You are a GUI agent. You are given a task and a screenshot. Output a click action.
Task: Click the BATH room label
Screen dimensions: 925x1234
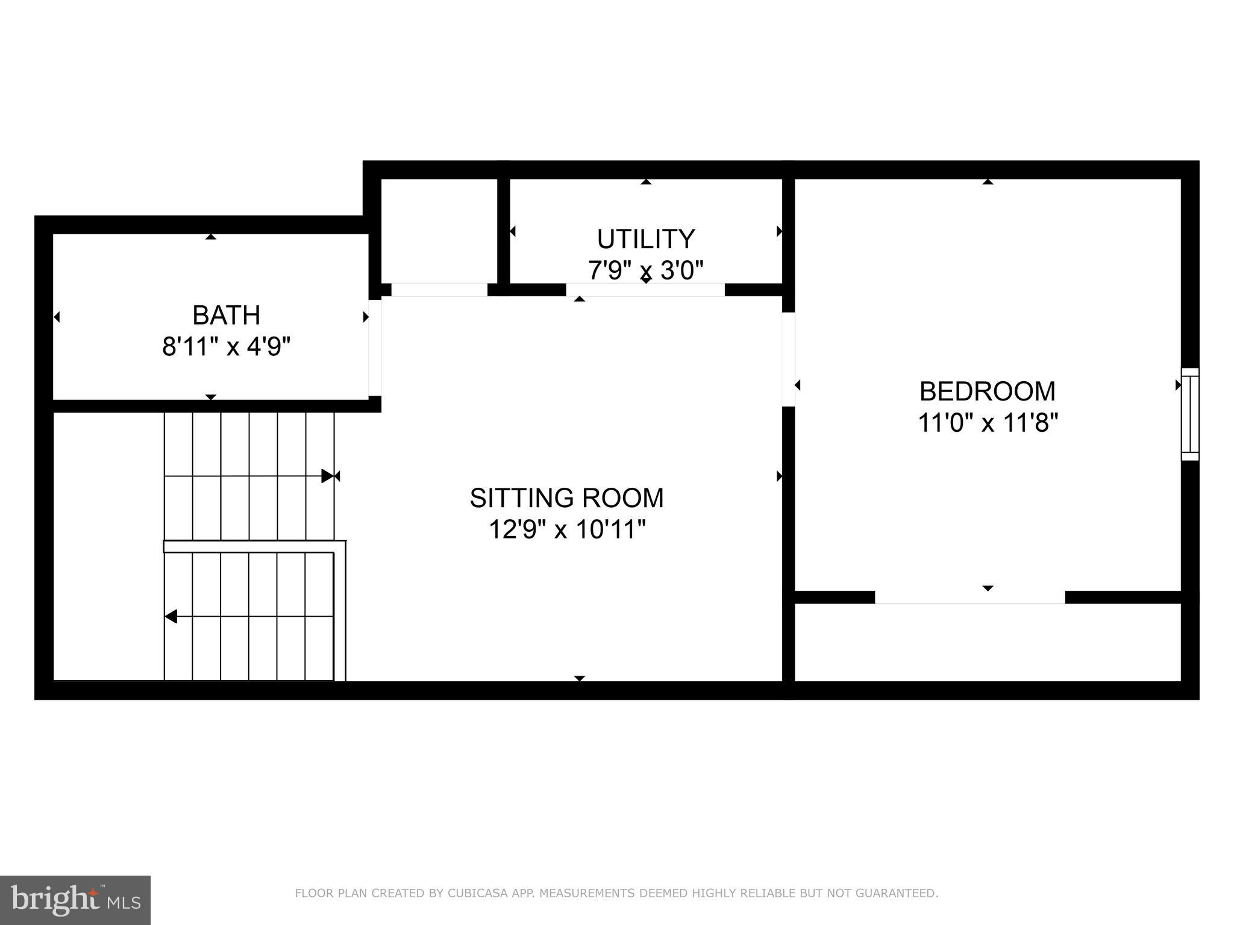(226, 316)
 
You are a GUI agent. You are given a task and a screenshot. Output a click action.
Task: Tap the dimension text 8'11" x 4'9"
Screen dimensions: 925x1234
(226, 347)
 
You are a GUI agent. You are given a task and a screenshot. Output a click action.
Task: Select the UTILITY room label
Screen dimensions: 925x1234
(646, 239)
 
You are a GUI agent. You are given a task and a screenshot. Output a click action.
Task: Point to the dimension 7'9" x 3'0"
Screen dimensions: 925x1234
(646, 270)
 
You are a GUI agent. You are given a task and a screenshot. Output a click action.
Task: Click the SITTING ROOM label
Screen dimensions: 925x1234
(566, 498)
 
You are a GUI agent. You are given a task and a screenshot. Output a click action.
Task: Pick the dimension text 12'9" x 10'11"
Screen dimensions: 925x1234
(566, 530)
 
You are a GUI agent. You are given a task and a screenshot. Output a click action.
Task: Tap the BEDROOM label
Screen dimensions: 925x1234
(987, 391)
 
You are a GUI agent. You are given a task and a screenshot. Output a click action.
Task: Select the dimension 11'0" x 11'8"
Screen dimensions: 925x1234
(987, 423)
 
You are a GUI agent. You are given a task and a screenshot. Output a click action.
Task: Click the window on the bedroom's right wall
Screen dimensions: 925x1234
(1189, 414)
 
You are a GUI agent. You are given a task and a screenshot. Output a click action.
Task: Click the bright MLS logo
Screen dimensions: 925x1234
(75, 900)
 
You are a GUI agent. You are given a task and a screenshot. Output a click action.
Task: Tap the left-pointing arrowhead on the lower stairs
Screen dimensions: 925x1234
(171, 617)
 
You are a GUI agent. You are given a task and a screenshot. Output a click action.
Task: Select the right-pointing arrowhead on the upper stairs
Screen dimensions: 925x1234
(327, 476)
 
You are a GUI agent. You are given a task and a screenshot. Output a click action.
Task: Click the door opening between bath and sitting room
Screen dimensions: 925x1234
(375, 348)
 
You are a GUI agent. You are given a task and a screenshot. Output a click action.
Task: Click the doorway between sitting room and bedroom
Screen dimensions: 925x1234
(788, 359)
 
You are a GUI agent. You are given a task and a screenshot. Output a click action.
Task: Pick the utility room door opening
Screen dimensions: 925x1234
(645, 290)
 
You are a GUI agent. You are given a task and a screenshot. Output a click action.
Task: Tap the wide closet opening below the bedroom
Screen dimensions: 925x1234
(969, 597)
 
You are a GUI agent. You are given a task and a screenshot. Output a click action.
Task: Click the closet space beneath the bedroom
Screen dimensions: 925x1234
(987, 642)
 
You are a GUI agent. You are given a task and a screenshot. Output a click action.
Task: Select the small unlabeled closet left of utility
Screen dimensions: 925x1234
(439, 230)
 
